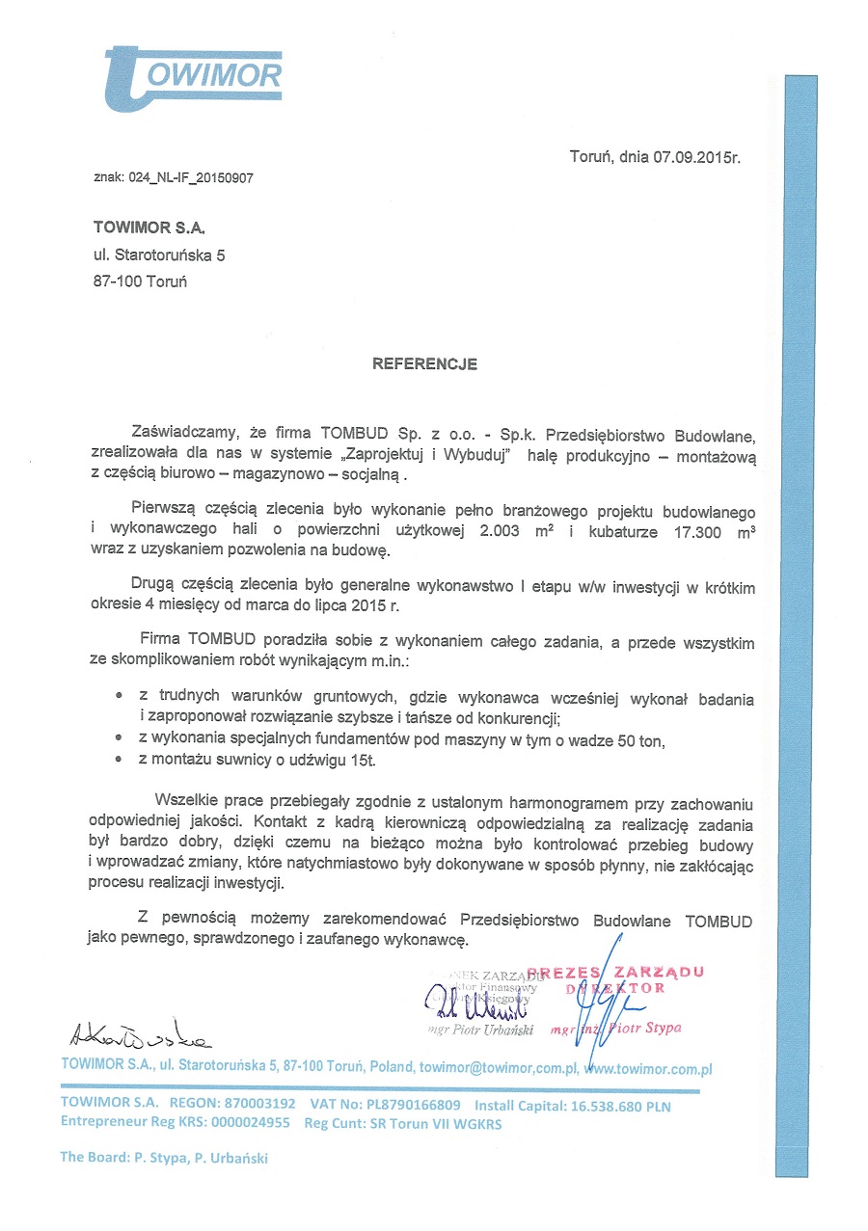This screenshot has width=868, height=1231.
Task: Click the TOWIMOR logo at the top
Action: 192,73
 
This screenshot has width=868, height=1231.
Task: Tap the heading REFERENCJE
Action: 424,365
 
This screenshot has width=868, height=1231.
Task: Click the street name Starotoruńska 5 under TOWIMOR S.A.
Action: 171,255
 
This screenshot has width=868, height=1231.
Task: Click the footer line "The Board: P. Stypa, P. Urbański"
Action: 164,1158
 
